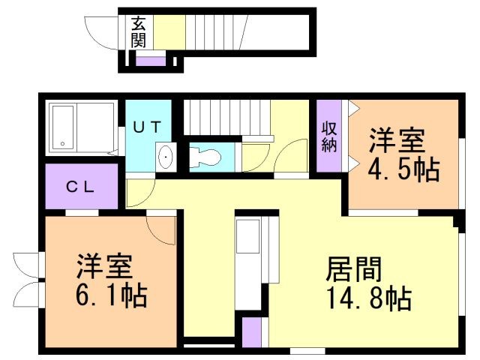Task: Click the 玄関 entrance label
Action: click(139, 31)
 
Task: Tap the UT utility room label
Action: click(147, 127)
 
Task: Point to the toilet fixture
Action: click(205, 157)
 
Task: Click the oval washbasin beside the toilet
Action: click(166, 157)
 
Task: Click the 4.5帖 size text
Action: click(403, 169)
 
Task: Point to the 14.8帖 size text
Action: click(367, 298)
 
